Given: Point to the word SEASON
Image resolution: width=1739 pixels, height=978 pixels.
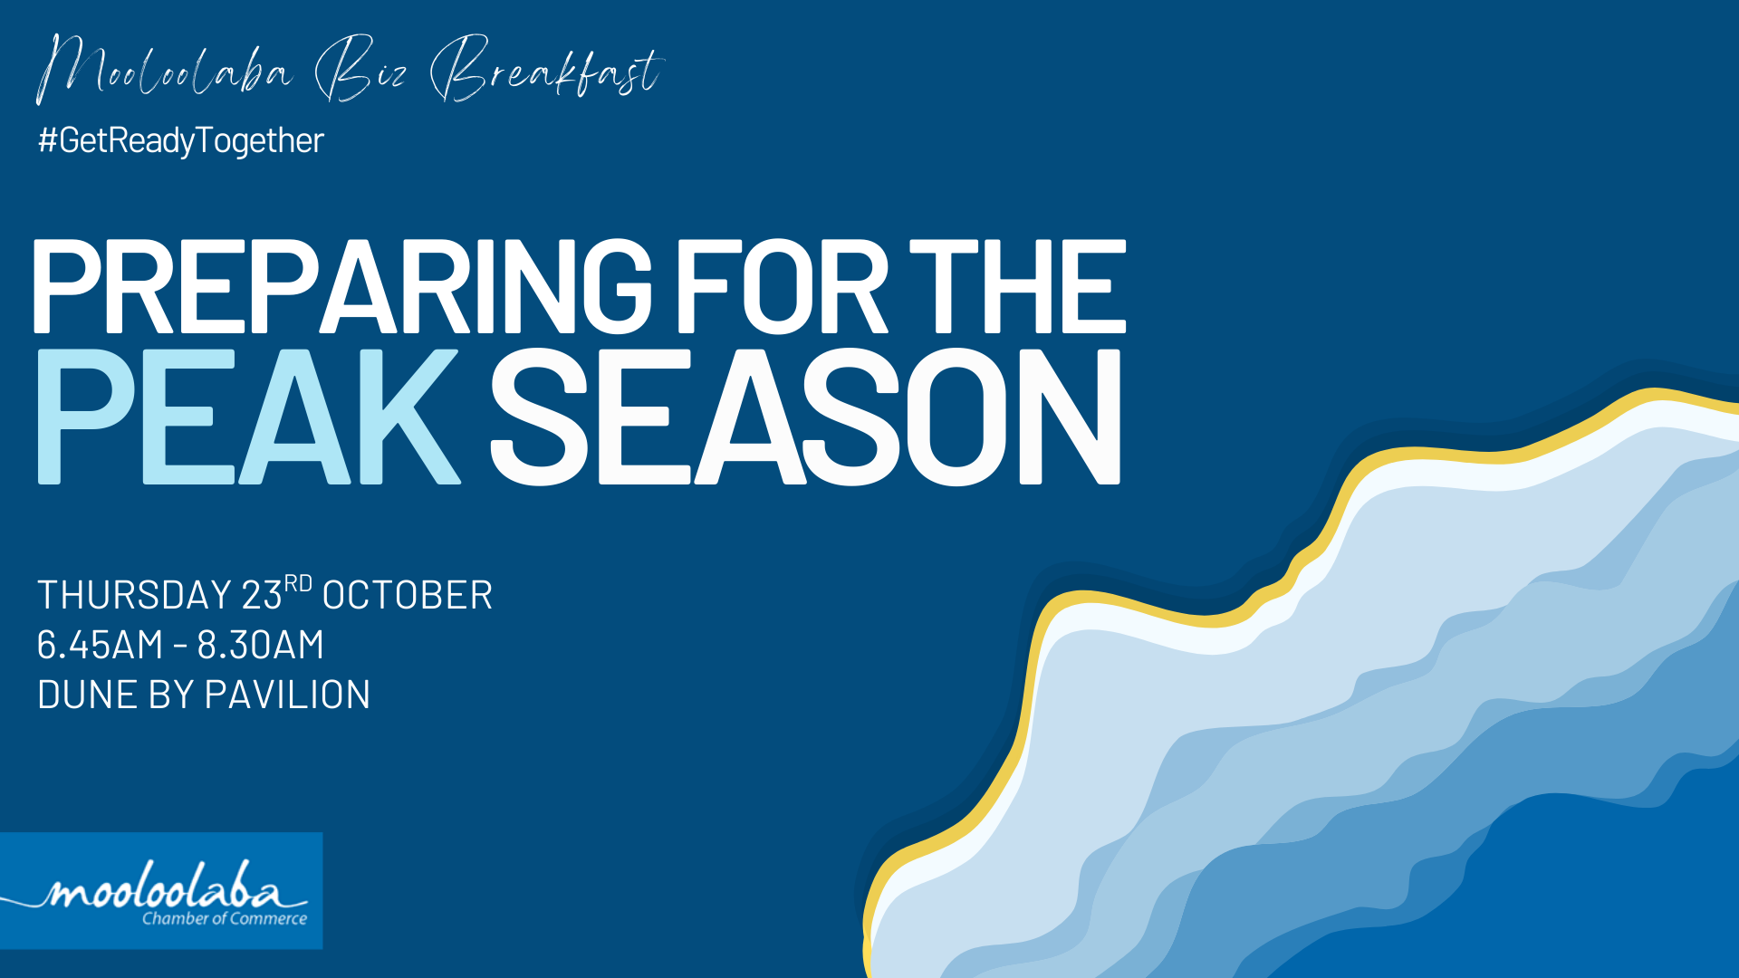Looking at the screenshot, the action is [806, 417].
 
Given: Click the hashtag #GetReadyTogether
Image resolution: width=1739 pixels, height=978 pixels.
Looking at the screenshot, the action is [181, 141].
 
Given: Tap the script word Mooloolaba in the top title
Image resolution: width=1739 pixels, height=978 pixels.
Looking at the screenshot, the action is [165, 69].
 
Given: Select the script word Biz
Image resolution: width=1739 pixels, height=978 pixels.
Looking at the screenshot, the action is [360, 69].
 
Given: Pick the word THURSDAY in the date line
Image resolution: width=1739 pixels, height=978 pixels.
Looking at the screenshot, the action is [135, 595].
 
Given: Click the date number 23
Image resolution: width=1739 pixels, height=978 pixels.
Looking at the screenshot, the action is [262, 595].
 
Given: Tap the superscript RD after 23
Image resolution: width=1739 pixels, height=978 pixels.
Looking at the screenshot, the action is [298, 583].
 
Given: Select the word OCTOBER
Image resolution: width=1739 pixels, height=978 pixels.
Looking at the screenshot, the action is [408, 595].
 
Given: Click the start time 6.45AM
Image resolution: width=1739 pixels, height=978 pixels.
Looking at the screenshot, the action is [100, 645].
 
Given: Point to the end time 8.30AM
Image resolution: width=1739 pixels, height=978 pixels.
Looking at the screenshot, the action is [261, 645].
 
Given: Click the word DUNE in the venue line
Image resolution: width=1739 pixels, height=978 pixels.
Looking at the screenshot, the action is [87, 695].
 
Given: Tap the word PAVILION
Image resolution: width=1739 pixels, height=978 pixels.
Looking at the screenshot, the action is [287, 695].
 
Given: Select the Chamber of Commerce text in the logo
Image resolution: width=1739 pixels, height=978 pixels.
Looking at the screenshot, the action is [225, 918].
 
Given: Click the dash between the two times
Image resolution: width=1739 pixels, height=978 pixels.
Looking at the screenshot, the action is [180, 647].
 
